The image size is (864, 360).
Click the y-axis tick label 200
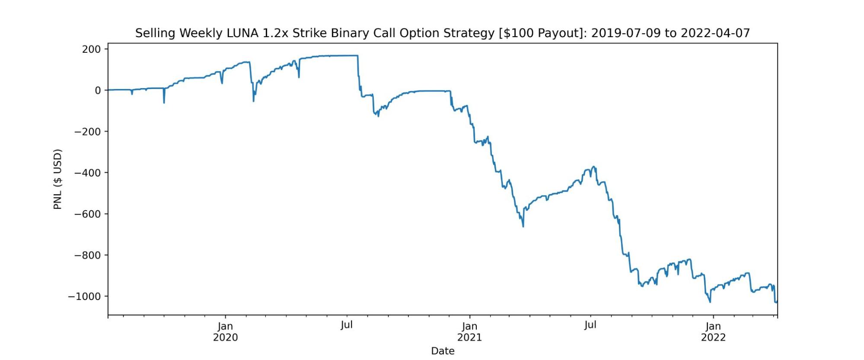(91, 49)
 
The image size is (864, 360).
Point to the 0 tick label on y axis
(98, 90)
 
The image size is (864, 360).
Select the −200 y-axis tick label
(88, 131)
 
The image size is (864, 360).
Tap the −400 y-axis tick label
(88, 173)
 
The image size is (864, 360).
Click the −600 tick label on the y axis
(88, 214)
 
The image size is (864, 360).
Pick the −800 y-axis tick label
(88, 255)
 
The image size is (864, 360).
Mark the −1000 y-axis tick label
(85, 296)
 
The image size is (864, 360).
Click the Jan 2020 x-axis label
(225, 332)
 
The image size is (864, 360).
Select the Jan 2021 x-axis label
(469, 332)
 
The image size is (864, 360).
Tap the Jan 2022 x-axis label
(713, 332)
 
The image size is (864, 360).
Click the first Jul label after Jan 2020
(347, 325)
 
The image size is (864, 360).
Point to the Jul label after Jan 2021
(590, 325)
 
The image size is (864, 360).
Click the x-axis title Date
(443, 351)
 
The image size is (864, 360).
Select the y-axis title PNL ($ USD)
(58, 179)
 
